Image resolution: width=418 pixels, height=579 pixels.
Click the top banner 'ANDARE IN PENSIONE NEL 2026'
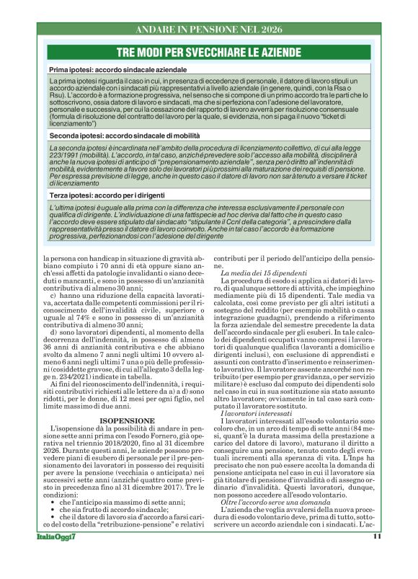tap(209, 30)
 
